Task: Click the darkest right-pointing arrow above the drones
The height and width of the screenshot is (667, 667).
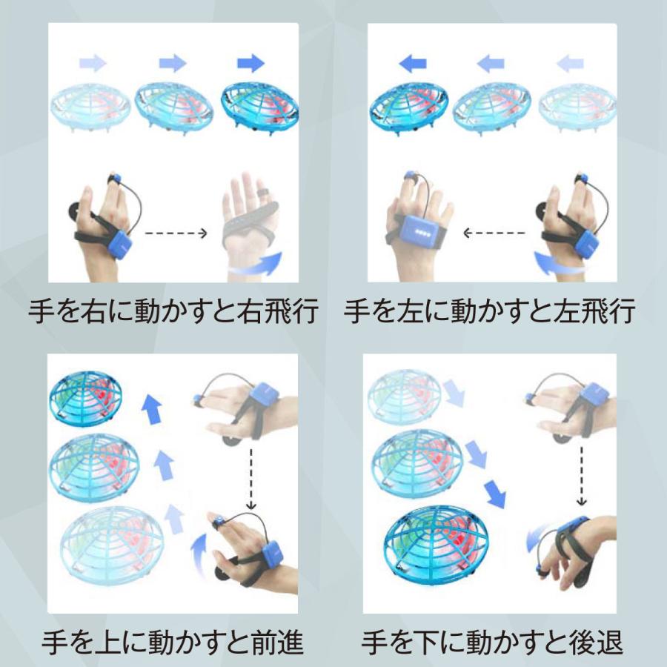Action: coord(251,64)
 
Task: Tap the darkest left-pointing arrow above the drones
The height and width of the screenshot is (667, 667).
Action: coord(413,64)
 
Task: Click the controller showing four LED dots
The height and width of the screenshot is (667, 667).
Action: coord(422,229)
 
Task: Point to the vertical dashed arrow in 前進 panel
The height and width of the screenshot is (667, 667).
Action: coord(251,478)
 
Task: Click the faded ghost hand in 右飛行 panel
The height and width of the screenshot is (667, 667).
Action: coord(248,222)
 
